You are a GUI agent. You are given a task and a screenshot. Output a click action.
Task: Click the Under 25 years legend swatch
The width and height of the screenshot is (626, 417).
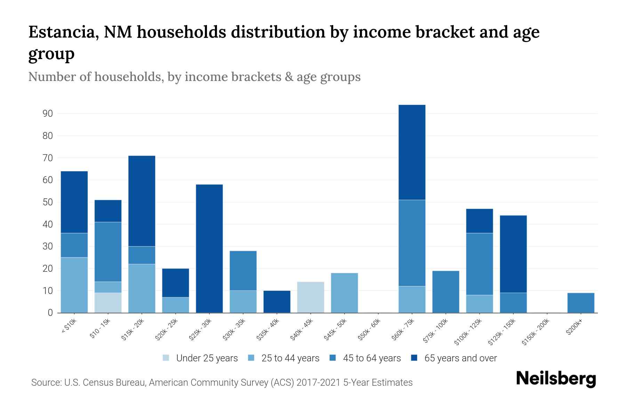(166, 358)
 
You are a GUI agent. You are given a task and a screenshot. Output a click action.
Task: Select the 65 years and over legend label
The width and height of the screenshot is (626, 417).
(460, 358)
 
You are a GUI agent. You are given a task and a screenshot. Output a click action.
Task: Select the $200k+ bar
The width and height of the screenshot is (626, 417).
(581, 303)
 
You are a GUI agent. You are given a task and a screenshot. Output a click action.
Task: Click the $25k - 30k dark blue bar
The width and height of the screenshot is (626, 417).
(209, 248)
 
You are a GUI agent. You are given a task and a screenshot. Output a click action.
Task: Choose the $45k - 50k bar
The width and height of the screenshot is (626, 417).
(344, 293)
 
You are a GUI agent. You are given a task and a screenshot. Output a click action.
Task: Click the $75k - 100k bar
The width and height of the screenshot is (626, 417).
(446, 292)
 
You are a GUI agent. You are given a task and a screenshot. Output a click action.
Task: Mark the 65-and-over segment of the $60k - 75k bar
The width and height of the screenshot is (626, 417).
(412, 152)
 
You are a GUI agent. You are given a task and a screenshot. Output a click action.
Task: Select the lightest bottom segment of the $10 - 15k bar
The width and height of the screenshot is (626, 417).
(108, 303)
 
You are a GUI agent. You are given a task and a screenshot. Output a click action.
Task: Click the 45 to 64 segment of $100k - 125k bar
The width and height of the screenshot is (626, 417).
(479, 264)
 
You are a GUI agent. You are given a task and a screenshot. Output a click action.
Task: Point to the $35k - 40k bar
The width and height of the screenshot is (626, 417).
(277, 302)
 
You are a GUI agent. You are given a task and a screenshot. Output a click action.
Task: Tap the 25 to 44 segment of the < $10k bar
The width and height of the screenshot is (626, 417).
(74, 285)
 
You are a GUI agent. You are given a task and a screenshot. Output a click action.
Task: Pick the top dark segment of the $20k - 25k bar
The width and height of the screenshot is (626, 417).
(176, 283)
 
